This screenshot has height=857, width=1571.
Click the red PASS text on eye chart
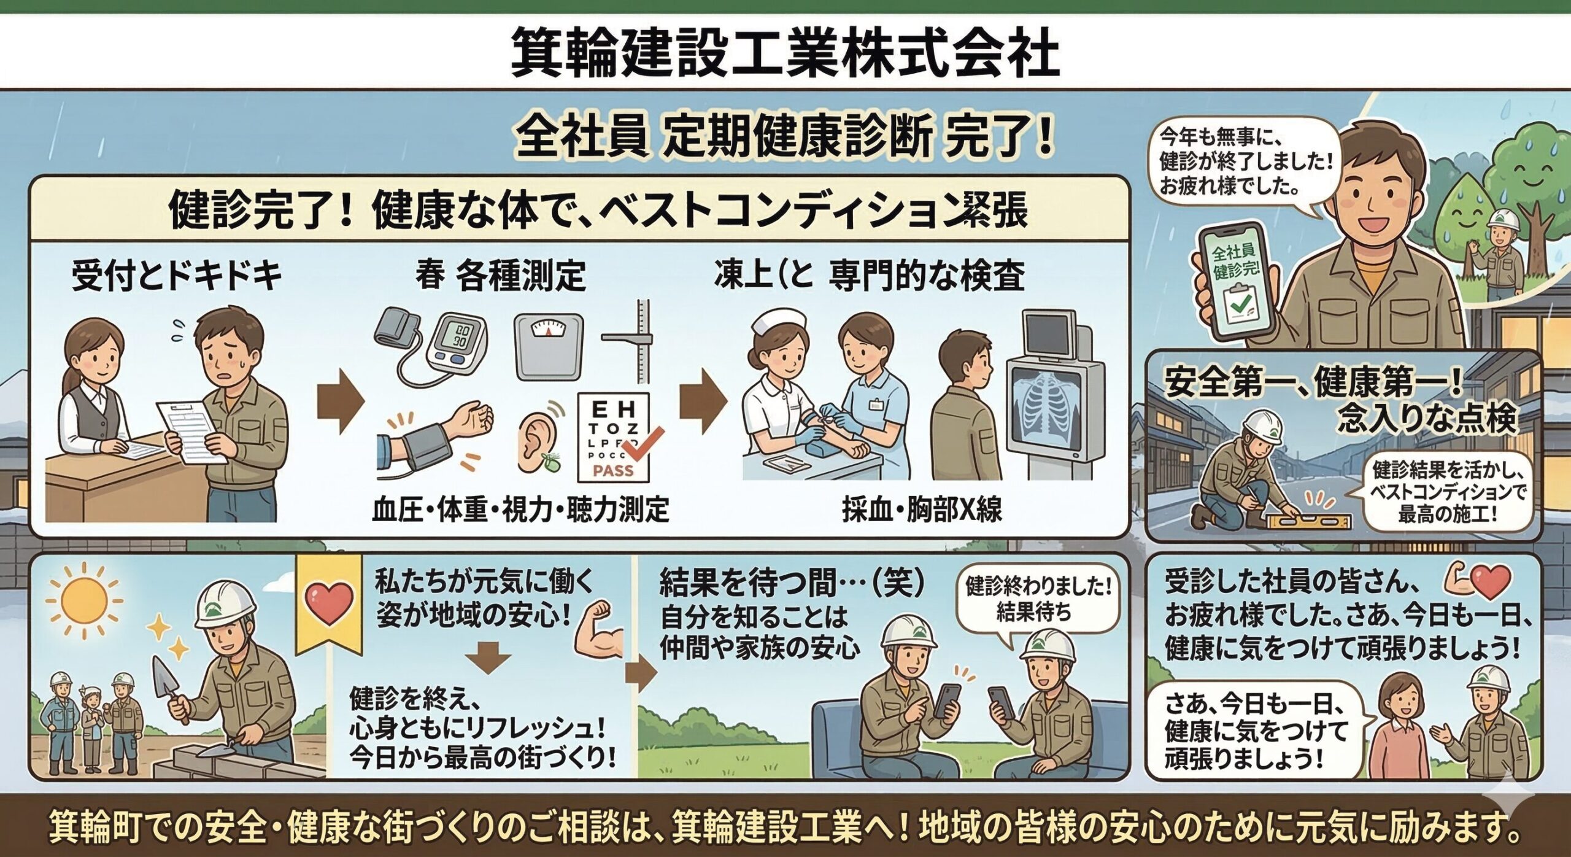point(613,471)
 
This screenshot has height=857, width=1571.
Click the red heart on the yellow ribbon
point(328,601)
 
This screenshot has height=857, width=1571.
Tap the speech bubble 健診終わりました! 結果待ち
point(1038,599)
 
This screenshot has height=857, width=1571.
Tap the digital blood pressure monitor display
point(459,336)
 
